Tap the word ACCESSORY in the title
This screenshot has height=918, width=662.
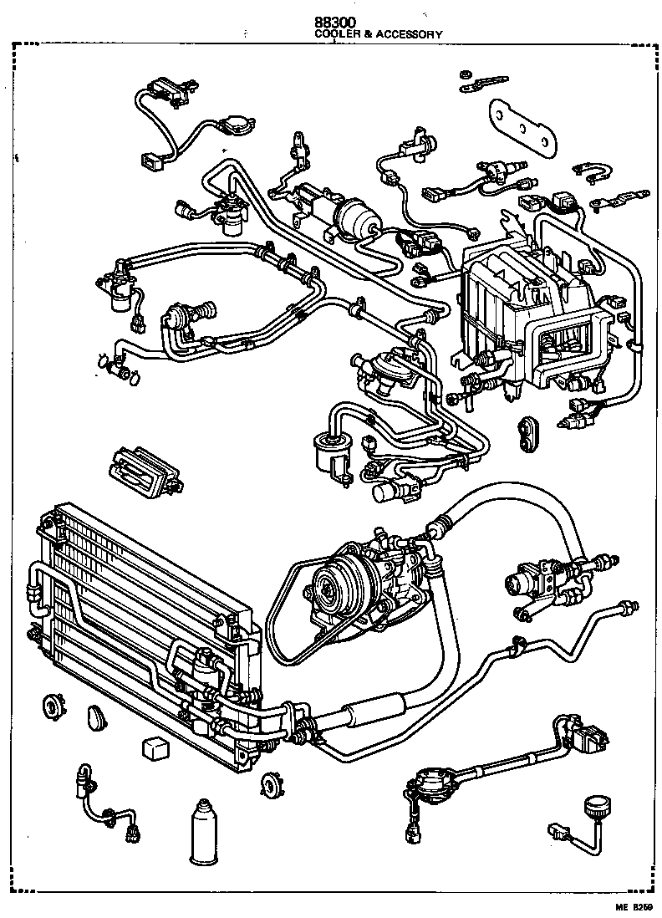pos(408,34)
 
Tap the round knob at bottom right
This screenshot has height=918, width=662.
pos(597,809)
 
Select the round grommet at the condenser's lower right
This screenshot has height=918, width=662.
pos(271,784)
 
